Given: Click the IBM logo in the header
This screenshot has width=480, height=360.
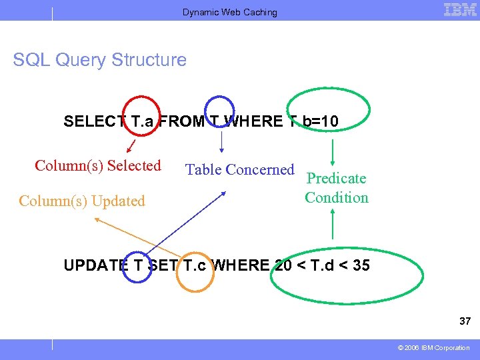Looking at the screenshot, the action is point(459,10).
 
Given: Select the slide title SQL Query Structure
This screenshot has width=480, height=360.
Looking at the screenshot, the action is point(100,60).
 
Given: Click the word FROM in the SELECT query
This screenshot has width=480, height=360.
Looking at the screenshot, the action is point(182,121).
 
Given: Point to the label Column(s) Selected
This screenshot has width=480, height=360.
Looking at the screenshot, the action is point(98,165).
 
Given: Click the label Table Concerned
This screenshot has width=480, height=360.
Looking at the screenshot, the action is point(239,170).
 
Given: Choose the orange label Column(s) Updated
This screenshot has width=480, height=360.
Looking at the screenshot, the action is point(82,201).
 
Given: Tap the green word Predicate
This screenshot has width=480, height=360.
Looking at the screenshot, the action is point(336,178).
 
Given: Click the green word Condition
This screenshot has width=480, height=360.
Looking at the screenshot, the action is point(337,197).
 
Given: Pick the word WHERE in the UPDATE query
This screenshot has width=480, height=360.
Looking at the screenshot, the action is point(241,265).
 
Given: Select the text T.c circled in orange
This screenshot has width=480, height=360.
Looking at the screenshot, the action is point(194,265).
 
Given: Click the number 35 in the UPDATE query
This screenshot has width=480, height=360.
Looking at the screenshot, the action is point(361,265).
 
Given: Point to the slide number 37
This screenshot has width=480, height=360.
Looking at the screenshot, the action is point(465,321).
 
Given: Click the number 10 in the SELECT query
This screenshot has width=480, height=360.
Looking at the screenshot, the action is point(329,121).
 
